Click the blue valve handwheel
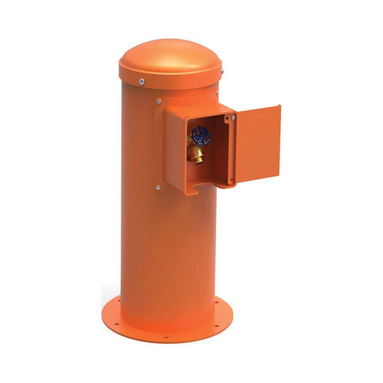coord(201,135)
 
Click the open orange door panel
coord(258,144)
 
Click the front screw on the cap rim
coord(142,81)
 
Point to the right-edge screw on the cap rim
coord(222,71)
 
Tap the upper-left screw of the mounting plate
coord(159,101)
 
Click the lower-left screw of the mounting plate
coord(158,188)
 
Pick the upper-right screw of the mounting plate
coord(217,93)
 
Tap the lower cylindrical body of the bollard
coord(169,260)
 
